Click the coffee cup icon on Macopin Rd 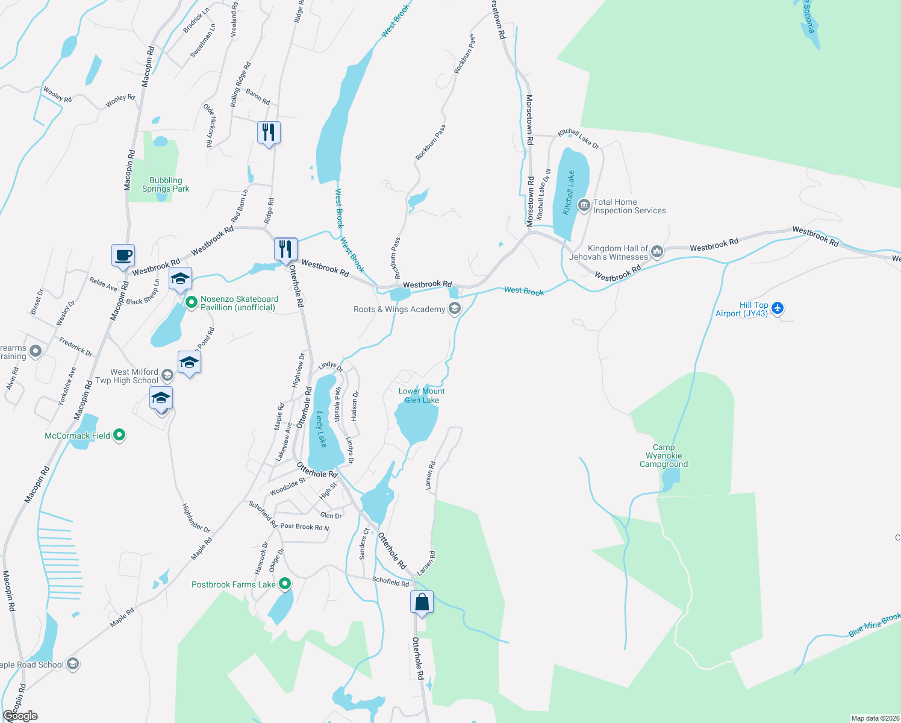(123, 255)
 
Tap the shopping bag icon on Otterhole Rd (422, 602)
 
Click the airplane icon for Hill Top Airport (778, 308)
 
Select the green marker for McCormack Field (119, 434)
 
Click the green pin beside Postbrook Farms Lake (285, 583)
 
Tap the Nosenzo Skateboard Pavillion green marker (192, 302)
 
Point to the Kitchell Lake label (569, 193)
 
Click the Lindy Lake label (321, 429)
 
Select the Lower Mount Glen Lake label (422, 396)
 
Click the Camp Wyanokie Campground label (664, 455)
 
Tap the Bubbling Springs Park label (166, 184)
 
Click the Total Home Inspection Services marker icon (584, 205)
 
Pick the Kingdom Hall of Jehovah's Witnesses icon (657, 252)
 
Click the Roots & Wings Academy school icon (455, 309)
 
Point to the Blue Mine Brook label (874, 625)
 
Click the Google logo (20, 716)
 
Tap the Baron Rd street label (258, 96)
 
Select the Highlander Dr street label (196, 518)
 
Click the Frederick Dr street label (76, 346)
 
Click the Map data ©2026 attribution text (875, 718)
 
